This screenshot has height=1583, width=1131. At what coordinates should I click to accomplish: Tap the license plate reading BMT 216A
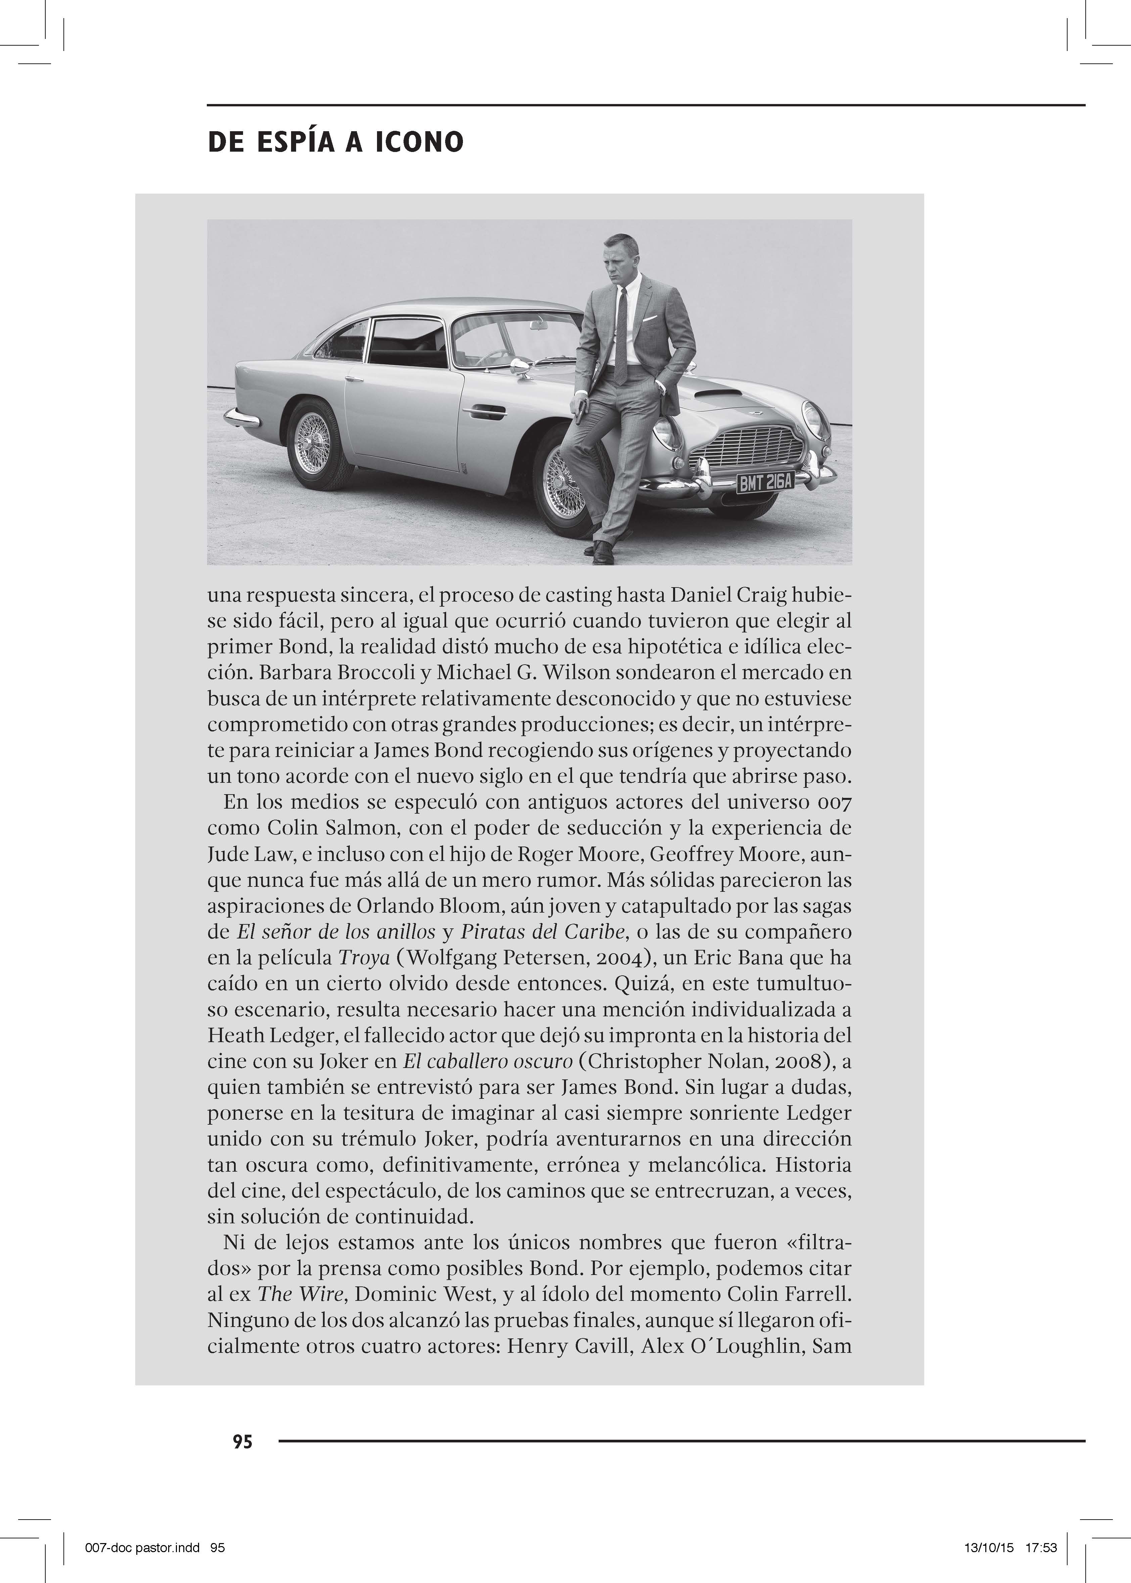coord(765,482)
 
